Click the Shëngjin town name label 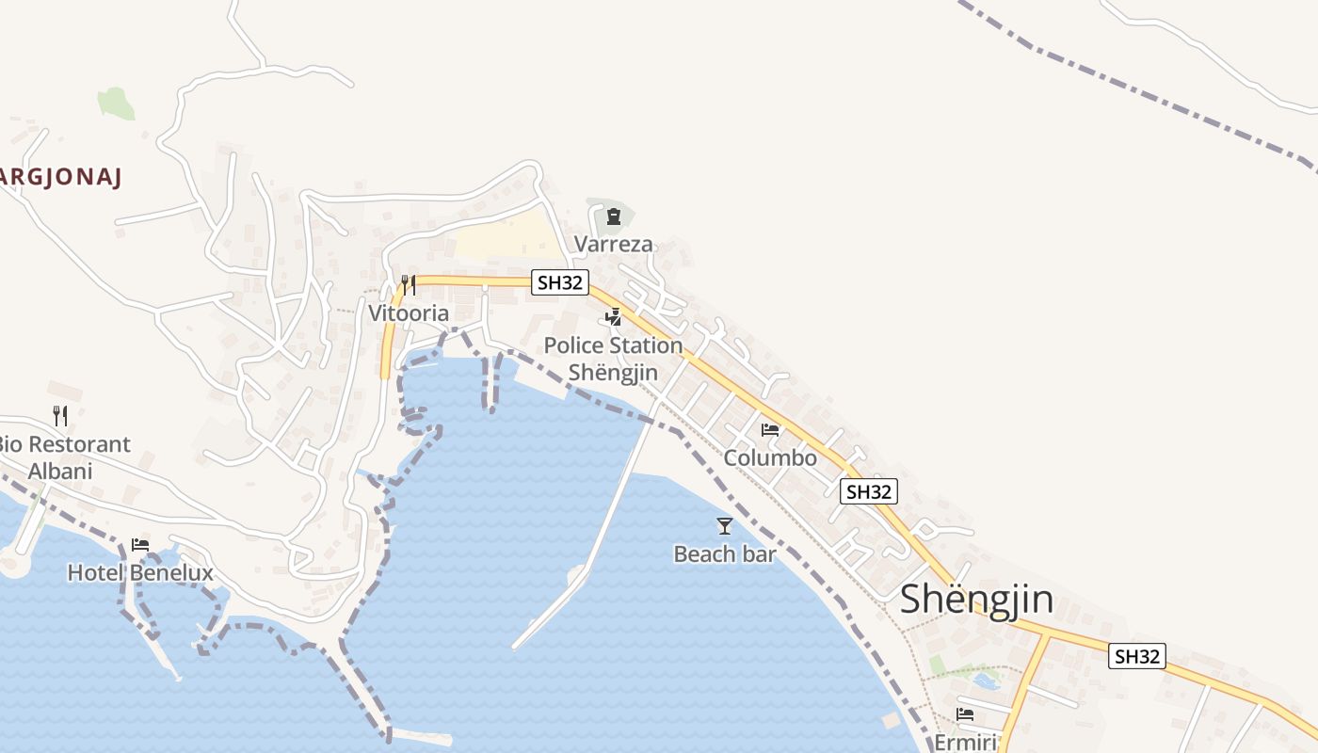[x=976, y=600]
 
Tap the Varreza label [x=613, y=245]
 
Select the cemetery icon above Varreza [x=614, y=217]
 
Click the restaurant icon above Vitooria [x=409, y=284]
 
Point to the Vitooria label [x=409, y=312]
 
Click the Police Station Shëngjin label [x=613, y=359]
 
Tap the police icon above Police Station [x=614, y=317]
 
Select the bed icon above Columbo [x=770, y=430]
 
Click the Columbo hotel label [x=770, y=458]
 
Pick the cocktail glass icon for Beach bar [x=724, y=526]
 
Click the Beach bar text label [x=725, y=554]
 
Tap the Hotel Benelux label [x=140, y=572]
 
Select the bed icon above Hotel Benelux [x=140, y=544]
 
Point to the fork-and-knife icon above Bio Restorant [x=60, y=415]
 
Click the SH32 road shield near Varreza [x=560, y=282]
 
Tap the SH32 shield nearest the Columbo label [x=868, y=491]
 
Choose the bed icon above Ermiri [x=965, y=714]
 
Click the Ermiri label [x=965, y=742]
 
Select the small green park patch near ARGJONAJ [x=116, y=104]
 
